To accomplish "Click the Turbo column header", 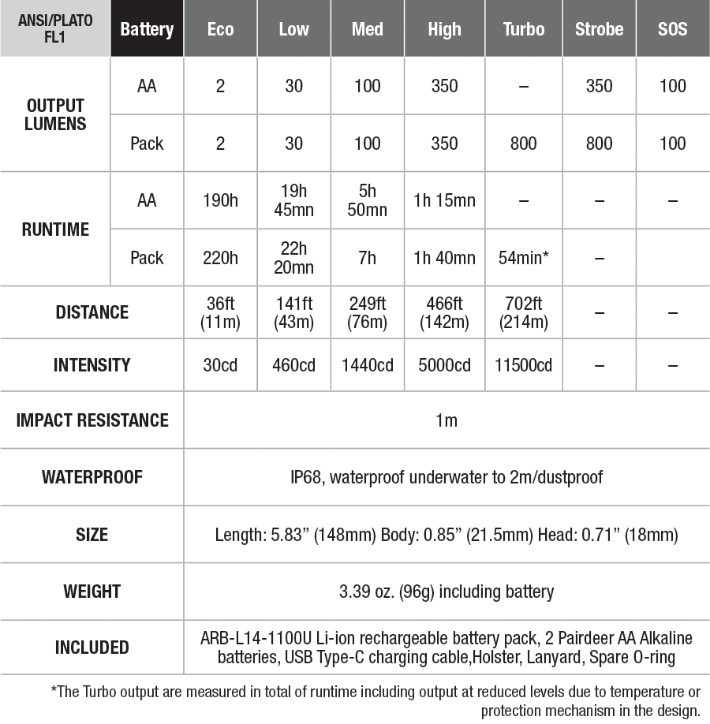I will click(524, 29).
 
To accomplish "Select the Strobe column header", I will click(599, 29).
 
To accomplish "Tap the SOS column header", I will click(672, 29).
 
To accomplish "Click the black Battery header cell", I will click(147, 29).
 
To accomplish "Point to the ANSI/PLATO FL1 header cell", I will click(55, 29).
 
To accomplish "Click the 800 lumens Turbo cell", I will click(524, 144).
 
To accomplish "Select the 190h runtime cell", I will click(220, 200).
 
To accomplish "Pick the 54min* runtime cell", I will click(524, 258).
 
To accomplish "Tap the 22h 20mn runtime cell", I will click(293, 258).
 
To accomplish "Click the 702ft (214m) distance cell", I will click(524, 312).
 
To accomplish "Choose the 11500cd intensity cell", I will click(524, 365).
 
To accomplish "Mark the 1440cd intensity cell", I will click(367, 365).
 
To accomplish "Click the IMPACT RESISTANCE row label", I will click(92, 420).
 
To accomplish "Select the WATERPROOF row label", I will click(92, 477).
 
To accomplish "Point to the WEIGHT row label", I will click(92, 591).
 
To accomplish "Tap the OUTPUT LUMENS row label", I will click(55, 115).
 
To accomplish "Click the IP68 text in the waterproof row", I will click(307, 477).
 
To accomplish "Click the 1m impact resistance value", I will click(446, 420).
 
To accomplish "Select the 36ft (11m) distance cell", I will click(220, 312).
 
